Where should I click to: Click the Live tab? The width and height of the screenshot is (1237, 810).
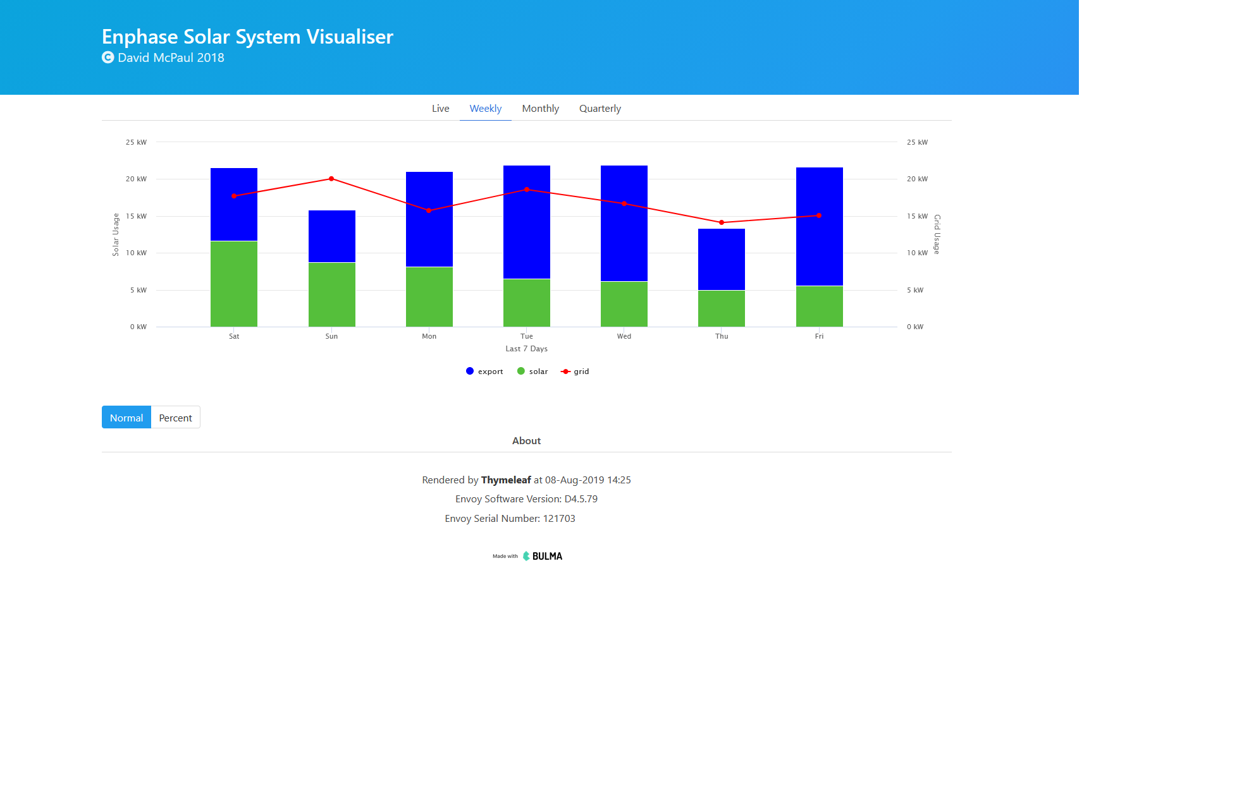click(440, 109)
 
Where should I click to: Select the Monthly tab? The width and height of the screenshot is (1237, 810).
click(540, 109)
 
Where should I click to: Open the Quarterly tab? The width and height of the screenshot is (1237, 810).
click(600, 109)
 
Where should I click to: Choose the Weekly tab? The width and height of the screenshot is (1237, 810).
click(485, 109)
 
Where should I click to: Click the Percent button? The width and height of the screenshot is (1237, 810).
click(175, 418)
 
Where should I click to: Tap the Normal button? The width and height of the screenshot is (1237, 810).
click(126, 418)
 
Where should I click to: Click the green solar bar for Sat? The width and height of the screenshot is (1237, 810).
click(234, 284)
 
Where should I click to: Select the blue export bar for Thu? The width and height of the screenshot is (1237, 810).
click(722, 259)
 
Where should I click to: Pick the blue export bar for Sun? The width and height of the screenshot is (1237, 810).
click(331, 236)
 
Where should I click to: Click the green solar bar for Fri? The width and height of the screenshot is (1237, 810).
click(819, 306)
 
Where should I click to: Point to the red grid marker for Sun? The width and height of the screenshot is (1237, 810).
click(331, 179)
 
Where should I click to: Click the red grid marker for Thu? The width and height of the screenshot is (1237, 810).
click(722, 222)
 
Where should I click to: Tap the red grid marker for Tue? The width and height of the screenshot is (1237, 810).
click(527, 190)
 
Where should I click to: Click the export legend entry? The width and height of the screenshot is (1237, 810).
click(484, 372)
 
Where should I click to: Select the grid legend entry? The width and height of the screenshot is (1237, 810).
click(575, 372)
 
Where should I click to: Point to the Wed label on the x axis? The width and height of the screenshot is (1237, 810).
click(624, 336)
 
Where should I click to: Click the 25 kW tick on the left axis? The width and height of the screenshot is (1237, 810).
click(136, 142)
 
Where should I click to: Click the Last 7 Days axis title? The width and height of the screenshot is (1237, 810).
click(526, 349)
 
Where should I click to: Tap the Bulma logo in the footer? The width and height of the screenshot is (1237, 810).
click(543, 556)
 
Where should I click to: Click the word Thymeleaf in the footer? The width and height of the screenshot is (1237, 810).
click(506, 480)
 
